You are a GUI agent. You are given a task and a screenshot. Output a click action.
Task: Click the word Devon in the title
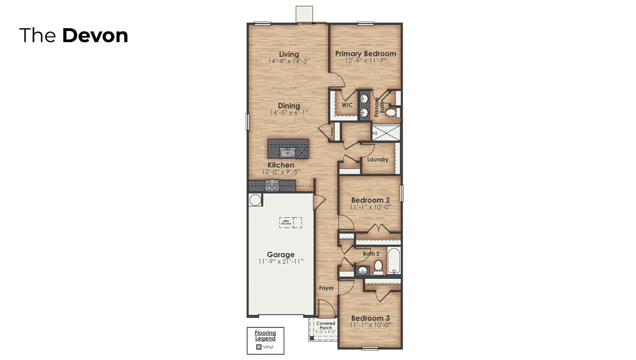[x=95, y=35]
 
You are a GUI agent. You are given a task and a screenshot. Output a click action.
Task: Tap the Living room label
[x=289, y=54]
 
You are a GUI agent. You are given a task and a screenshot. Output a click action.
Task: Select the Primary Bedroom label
[x=366, y=54]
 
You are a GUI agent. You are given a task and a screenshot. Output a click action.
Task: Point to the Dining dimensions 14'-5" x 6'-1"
[x=289, y=113]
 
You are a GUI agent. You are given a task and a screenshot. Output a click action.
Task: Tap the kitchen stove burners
[x=272, y=185]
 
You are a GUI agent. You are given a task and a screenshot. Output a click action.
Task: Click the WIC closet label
[x=347, y=105]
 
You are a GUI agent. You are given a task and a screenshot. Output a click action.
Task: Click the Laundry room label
[x=378, y=159]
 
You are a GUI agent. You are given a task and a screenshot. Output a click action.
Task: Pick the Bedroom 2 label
[x=371, y=200]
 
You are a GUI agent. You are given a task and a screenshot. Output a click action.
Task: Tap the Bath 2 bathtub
[x=394, y=262]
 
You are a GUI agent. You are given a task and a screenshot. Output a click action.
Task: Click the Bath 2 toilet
[x=379, y=266]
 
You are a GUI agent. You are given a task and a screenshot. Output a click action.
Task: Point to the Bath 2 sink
[x=363, y=270]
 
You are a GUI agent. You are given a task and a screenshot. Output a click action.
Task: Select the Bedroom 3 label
[x=371, y=318]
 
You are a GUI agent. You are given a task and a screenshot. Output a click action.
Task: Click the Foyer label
[x=326, y=288]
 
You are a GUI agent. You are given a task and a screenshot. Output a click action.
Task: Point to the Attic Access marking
[x=290, y=222]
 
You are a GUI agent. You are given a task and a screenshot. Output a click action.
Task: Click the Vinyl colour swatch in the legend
[x=259, y=348]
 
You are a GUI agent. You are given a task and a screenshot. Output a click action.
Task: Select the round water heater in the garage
[x=255, y=200]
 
